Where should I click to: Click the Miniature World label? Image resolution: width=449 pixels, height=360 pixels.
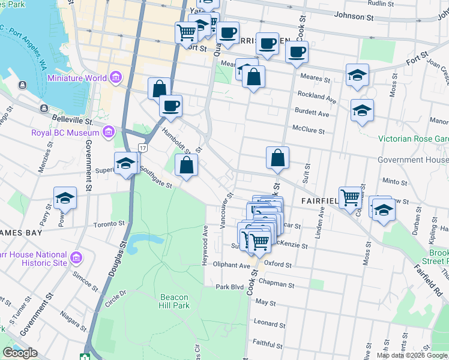click(x=77, y=79)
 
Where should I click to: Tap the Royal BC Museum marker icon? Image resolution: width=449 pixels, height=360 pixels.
click(x=108, y=132)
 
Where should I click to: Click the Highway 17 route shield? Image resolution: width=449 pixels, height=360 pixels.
click(x=142, y=147)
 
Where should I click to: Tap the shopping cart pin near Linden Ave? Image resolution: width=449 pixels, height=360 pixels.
click(x=349, y=197)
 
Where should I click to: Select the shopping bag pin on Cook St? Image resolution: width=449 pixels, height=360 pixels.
click(x=277, y=158)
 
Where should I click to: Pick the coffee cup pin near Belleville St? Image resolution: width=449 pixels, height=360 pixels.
click(x=170, y=106)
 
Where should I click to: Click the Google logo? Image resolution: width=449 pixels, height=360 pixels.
click(x=20, y=353)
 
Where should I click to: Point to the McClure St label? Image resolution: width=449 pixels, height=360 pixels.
click(x=309, y=130)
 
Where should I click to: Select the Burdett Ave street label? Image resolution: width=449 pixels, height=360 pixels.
click(x=312, y=113)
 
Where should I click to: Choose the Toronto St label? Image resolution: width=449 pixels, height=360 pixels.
click(x=108, y=225)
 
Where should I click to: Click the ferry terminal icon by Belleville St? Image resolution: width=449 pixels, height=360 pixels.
click(x=44, y=108)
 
